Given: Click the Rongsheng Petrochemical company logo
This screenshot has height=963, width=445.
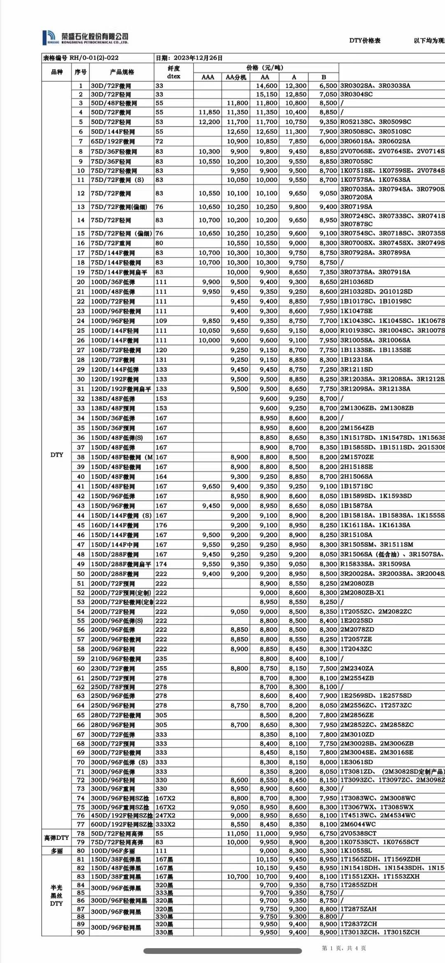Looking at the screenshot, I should tap(85, 37).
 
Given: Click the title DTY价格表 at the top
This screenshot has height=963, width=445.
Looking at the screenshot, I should tap(365, 40).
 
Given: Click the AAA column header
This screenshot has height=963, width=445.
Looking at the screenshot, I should tap(208, 77).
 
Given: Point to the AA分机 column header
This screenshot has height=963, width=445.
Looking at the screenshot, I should tap(236, 77).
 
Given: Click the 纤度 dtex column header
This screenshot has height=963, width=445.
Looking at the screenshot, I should tap(173, 72).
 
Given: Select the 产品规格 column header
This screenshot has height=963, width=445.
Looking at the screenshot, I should tap(122, 72).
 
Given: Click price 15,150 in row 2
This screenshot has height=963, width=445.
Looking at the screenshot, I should tap(267, 94).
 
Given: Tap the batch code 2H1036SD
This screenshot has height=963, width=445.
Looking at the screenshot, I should tap(357, 282).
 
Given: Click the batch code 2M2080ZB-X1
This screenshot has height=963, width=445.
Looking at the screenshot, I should tap(362, 593).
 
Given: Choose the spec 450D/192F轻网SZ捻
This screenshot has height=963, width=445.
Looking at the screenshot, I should tap(122, 815).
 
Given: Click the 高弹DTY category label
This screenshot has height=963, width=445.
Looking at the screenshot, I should tap(56, 838).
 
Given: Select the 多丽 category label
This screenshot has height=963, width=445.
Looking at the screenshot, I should tap(56, 851).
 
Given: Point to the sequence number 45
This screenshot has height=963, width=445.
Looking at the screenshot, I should tap(81, 525).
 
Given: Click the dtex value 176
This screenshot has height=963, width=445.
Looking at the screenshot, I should tap(161, 525).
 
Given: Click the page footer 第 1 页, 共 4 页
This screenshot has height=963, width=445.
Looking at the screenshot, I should tap(344, 948).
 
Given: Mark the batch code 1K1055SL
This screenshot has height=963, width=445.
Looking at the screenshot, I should tap(356, 851).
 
